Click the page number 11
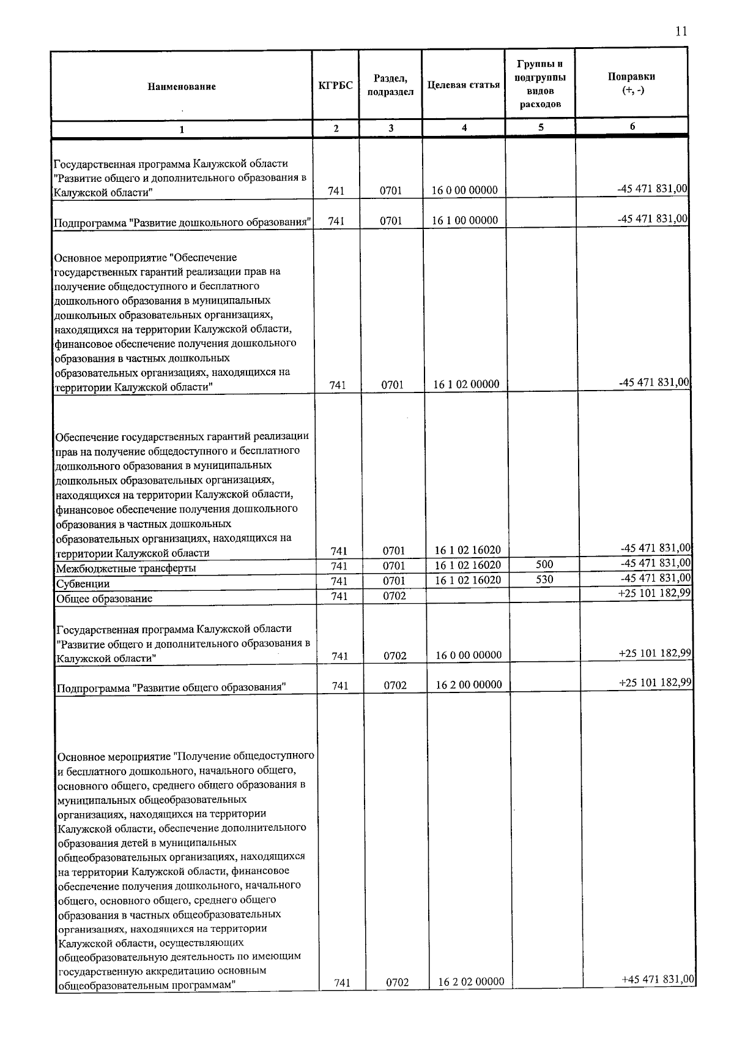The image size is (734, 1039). (681, 32)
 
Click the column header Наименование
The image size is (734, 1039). (181, 86)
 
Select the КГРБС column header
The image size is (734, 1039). (336, 85)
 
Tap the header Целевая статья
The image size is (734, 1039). (464, 85)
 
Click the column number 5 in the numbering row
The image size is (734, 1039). (540, 127)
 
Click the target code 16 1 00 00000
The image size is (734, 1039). (465, 220)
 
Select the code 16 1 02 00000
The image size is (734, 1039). (466, 384)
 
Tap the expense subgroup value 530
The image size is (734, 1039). (544, 579)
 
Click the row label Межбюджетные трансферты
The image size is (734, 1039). (126, 568)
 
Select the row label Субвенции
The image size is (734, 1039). (83, 583)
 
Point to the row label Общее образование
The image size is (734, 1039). (104, 598)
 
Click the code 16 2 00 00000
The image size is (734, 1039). (469, 685)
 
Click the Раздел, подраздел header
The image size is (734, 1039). (390, 85)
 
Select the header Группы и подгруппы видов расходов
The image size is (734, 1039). (540, 84)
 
